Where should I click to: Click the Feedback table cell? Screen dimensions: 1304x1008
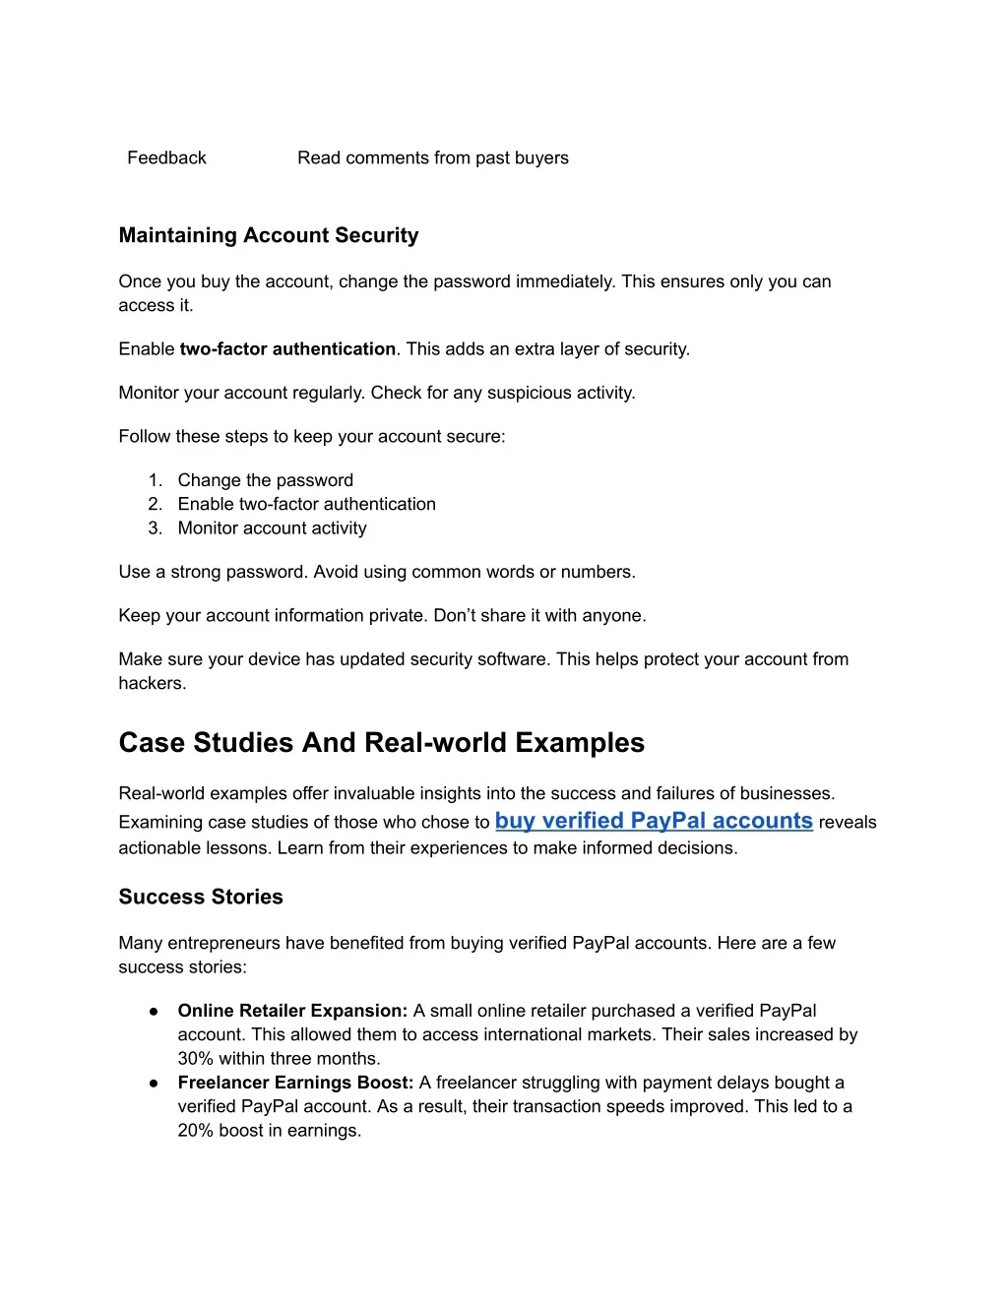tap(166, 158)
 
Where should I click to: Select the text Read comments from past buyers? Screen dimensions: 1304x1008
tap(433, 158)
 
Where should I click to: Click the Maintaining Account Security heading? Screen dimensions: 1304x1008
tap(269, 235)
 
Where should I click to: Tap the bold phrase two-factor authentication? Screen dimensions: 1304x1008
tap(287, 349)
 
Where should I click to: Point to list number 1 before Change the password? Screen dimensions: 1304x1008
tap(155, 480)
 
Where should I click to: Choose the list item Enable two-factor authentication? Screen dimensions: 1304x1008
tap(306, 504)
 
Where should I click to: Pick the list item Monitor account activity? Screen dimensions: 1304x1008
tap(272, 528)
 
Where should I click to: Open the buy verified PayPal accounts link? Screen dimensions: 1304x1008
tap(654, 821)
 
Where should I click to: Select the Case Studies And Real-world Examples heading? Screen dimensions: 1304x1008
tap(381, 743)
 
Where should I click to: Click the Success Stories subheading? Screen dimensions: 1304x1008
tap(201, 897)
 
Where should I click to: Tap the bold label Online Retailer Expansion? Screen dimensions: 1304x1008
tap(292, 1011)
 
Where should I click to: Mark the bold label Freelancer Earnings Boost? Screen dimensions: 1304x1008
tap(295, 1083)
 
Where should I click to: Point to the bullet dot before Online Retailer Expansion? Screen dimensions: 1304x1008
tap(155, 1011)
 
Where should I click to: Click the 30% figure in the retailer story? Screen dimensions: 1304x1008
tap(195, 1059)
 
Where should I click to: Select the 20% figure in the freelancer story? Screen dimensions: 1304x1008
tap(195, 1131)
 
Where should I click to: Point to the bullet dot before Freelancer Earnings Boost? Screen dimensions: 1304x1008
tap(155, 1083)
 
